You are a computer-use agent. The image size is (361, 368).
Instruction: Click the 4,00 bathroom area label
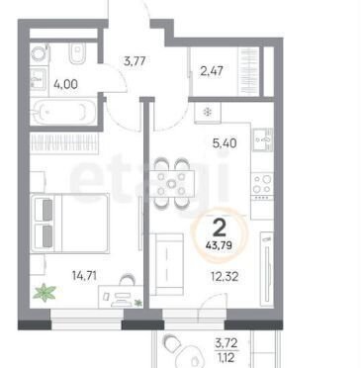65,84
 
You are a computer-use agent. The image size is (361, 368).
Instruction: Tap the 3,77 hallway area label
135,61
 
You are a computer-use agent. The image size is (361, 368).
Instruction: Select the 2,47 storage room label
212,71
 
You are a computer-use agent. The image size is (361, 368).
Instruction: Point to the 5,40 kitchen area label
225,143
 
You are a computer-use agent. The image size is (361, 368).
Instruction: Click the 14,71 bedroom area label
84,275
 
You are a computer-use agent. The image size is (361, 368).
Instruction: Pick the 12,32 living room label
225,276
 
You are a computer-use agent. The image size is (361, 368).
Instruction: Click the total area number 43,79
219,245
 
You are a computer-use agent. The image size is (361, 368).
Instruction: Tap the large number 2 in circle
220,228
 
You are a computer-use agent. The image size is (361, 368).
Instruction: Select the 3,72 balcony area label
226,343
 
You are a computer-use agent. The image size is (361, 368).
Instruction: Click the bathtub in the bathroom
63,112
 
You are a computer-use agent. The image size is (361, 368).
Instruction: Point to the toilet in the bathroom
78,52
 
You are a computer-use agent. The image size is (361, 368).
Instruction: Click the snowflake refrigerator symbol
208,113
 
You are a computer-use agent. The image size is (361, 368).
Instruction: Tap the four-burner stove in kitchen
262,186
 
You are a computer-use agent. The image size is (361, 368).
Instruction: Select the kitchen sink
263,139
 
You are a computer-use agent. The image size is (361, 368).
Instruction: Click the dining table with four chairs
171,184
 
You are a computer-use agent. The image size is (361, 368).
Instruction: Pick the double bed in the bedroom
69,223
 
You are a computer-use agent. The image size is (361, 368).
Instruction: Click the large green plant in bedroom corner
45,293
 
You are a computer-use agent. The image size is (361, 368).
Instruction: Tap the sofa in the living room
167,264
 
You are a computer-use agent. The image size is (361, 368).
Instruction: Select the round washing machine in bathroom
40,54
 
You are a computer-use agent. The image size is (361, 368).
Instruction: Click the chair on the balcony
172,343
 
